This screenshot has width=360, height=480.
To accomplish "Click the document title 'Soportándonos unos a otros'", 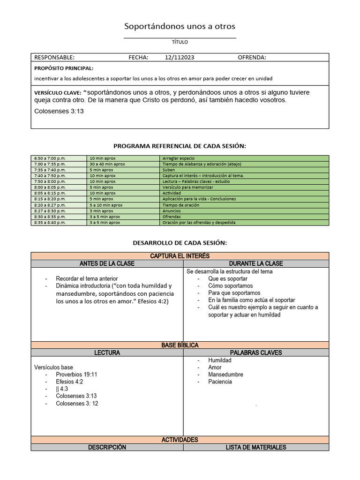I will click(180, 26).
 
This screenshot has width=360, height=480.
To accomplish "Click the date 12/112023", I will click(180, 58).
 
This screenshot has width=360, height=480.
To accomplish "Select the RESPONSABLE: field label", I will click(54, 58).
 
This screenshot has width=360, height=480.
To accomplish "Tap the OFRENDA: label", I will click(252, 58).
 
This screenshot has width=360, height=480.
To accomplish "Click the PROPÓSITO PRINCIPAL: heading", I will click(64, 68).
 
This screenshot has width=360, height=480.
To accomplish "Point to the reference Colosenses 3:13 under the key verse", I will click(59, 111).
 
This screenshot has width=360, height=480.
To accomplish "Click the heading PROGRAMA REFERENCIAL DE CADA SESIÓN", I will click(180, 146).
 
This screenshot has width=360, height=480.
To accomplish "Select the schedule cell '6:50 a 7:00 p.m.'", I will click(50, 158).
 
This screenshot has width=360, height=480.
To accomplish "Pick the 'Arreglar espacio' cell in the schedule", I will click(179, 158).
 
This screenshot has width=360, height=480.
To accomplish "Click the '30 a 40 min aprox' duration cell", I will click(107, 164).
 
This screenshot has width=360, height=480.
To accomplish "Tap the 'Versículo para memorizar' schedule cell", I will click(187, 187).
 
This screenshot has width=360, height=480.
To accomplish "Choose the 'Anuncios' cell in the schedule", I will click(172, 211).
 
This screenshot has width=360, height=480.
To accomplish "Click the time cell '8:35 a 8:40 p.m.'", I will click(50, 223).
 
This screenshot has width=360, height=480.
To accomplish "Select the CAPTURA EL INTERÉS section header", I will click(180, 256).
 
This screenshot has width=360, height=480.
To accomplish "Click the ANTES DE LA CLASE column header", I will click(107, 263).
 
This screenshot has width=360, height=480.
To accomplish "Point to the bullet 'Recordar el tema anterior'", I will click(87, 278).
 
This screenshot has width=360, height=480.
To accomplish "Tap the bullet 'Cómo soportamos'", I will click(231, 286).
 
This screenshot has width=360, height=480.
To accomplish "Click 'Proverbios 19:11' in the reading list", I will click(76, 375).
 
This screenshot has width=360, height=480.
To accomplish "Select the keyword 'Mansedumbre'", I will click(226, 375).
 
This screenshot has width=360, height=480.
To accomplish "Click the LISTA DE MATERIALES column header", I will click(256, 447).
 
